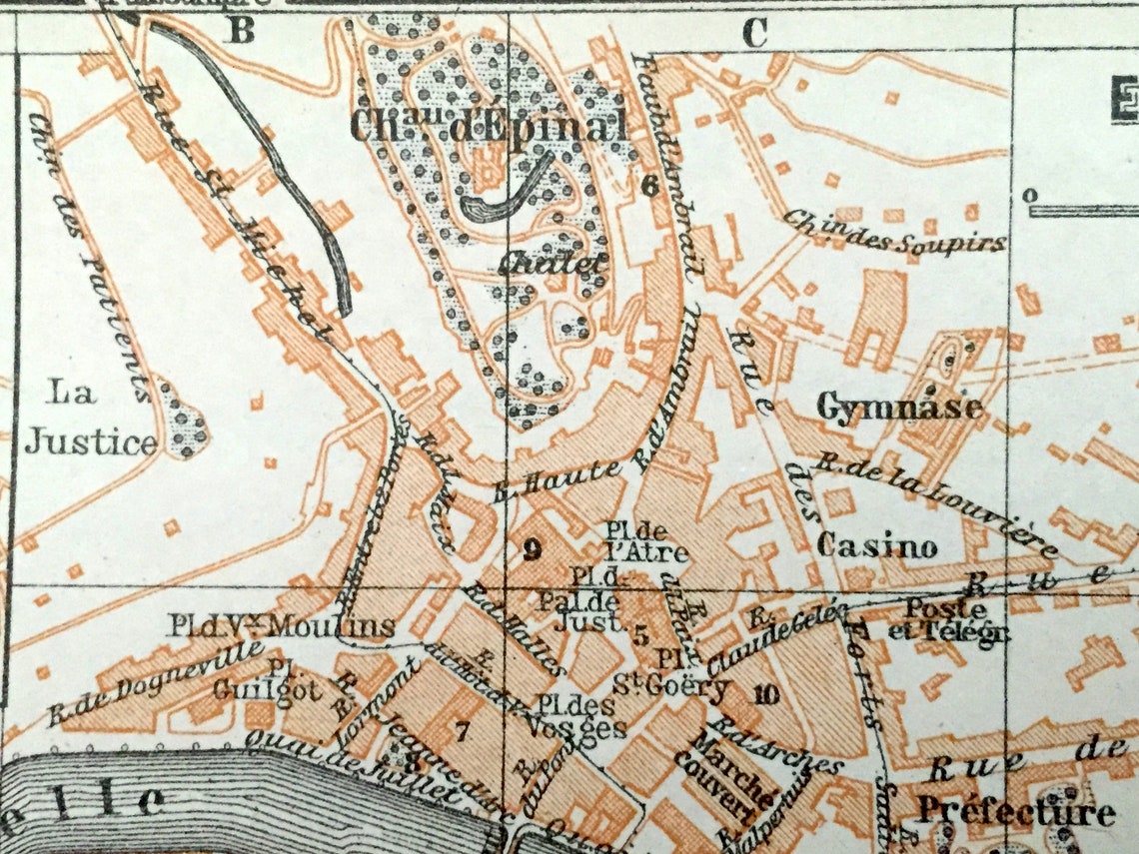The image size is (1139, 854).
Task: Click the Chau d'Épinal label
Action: point(489,127)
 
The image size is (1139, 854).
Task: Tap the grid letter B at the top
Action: point(241,32)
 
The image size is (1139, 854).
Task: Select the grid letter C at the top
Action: point(754,34)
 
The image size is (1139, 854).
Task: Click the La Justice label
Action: point(91,419)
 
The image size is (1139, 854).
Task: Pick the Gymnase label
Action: point(899,408)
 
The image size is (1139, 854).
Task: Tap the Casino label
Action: point(876,546)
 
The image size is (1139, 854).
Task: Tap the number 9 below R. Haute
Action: point(533,547)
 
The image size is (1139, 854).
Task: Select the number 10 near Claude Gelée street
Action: point(765,695)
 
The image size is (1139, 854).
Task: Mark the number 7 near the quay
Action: point(461,731)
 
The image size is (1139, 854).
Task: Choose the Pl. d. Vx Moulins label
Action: point(281,627)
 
